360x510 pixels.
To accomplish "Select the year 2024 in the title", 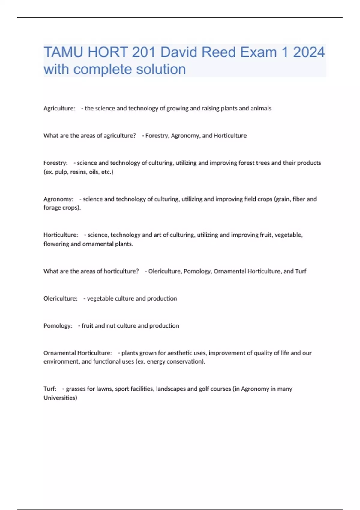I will point(309,52).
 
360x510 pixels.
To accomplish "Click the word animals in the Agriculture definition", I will point(261,108).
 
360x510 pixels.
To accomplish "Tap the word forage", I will point(52,208).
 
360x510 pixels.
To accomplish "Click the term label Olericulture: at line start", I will point(60,298).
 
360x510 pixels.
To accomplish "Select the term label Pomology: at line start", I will point(58,326).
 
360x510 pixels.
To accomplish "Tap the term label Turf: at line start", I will point(50,389).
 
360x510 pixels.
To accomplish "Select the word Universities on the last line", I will point(60,398).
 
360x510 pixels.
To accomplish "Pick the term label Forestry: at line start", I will point(55,163).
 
